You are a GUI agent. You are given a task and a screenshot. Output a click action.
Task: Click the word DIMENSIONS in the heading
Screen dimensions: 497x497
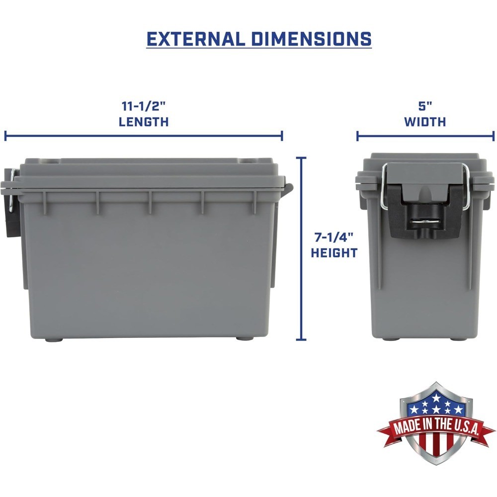[311, 39]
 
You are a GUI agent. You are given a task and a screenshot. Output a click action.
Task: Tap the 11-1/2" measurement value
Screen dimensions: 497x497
[143, 106]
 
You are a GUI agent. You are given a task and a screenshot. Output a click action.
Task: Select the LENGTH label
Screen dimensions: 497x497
[143, 122]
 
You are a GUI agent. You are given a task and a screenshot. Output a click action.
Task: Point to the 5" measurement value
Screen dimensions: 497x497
[425, 106]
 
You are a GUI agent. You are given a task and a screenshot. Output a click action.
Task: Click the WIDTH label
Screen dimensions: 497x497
[425, 122]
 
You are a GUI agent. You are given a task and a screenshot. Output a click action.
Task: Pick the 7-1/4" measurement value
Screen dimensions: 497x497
[333, 238]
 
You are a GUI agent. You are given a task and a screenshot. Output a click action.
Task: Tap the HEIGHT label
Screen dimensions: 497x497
[334, 253]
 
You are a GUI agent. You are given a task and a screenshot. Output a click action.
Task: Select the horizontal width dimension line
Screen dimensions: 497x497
[425, 135]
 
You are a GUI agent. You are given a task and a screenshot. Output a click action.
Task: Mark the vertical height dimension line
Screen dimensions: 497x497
[301, 248]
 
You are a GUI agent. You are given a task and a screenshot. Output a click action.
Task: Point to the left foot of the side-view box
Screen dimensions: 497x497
[53, 339]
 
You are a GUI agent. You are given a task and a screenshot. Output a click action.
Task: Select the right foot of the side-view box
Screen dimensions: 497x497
[244, 339]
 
